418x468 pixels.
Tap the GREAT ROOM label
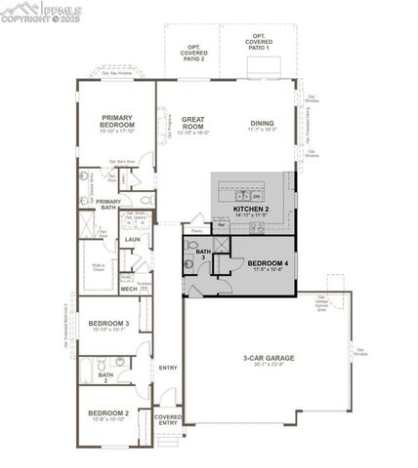click(x=193, y=123)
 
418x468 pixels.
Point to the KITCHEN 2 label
click(x=251, y=209)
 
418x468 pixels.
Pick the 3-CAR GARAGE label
click(x=269, y=358)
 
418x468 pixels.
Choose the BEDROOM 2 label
click(x=107, y=413)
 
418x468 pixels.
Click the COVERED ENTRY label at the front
click(x=168, y=419)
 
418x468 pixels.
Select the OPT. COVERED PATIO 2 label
click(x=195, y=53)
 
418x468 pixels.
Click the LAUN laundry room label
click(x=132, y=239)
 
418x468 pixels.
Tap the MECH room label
click(x=129, y=289)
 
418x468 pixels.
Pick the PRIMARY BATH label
click(x=108, y=204)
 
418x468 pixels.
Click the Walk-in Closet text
click(x=99, y=267)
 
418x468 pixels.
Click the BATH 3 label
click(x=203, y=255)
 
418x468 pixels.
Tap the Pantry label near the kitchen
click(x=197, y=230)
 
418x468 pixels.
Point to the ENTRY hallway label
click(x=168, y=368)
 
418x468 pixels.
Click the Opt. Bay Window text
click(x=117, y=70)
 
